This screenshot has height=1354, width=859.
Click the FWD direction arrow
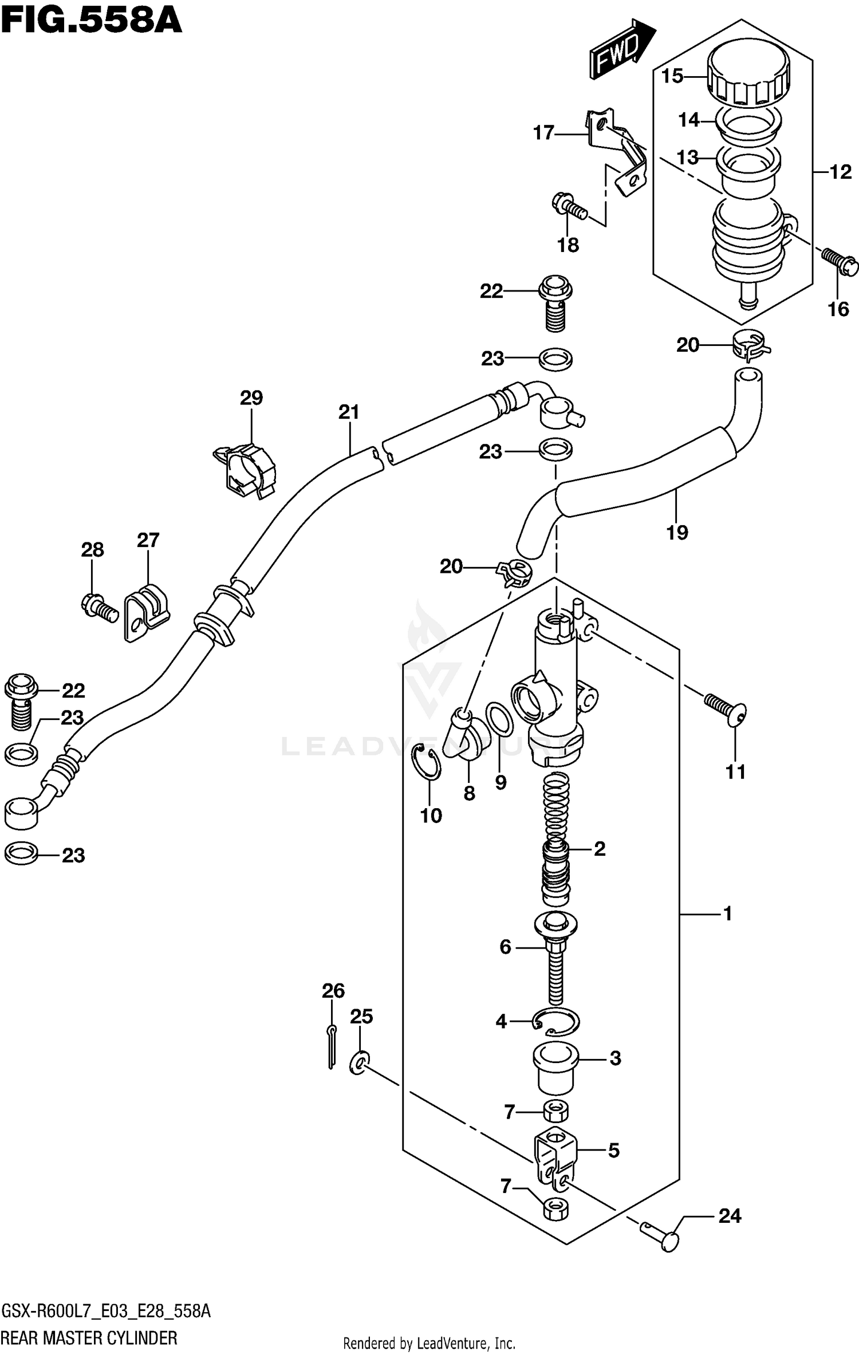point(622,50)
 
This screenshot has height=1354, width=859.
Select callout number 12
point(840,172)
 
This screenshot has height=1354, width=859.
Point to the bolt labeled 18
point(570,207)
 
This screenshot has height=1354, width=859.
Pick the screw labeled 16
point(840,261)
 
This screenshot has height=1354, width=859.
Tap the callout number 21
point(349,412)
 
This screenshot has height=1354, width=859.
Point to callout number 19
point(677,533)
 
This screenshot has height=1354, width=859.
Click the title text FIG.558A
point(92,22)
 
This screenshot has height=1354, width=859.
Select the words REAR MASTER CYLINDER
point(90,1338)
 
